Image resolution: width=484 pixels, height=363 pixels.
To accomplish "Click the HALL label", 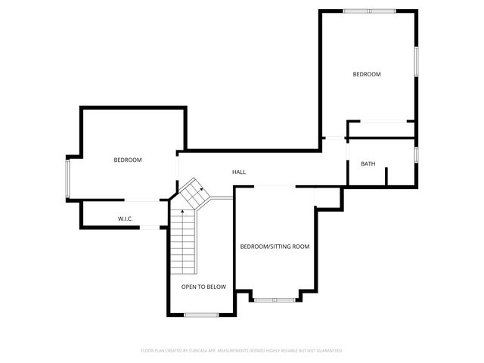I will pos(239,172).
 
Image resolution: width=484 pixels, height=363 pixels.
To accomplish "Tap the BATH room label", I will pos(368,164).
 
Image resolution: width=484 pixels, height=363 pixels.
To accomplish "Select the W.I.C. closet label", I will pos(126,219).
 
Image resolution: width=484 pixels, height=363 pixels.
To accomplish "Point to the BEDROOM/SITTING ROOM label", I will pos(275,247).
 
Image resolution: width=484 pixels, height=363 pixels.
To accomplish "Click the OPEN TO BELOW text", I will pos(203,287).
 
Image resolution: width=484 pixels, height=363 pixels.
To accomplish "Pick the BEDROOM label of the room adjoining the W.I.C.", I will pos(128,160).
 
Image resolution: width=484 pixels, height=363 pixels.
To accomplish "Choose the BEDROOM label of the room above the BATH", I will pos(367,74).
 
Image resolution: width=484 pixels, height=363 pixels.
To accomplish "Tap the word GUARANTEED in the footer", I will pos(327,351).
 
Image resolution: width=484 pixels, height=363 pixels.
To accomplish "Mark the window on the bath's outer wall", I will pos(416,154).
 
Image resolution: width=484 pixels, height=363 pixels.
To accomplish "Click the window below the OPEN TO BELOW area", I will pos(202,315).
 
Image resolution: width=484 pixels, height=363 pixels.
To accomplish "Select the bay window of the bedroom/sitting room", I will pos(275,300).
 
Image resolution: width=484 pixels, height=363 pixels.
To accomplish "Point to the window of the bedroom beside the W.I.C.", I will pos(67,178).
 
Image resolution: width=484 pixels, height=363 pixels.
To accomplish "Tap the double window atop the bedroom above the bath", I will pos(369,11).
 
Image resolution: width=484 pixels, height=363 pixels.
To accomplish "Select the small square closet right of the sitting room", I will pos(327,197).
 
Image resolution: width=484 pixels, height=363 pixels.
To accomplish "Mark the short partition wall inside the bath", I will pos(386,176).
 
